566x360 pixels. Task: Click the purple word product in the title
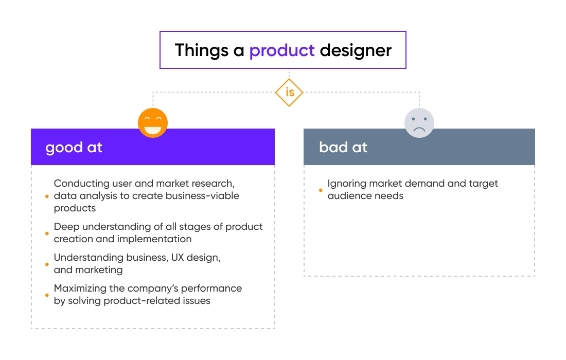pyautogui.click(x=282, y=50)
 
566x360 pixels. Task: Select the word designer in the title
pyautogui.click(x=356, y=50)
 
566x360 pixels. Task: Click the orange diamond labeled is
pyautogui.click(x=289, y=93)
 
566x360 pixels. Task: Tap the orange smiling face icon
pyautogui.click(x=153, y=123)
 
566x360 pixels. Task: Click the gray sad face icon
pyautogui.click(x=419, y=123)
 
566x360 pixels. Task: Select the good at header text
pyautogui.click(x=74, y=148)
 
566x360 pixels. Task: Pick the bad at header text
pyautogui.click(x=343, y=148)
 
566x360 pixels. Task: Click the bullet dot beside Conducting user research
pyautogui.click(x=47, y=196)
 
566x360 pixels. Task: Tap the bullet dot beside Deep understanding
pyautogui.click(x=47, y=233)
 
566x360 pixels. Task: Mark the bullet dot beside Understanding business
pyautogui.click(x=47, y=264)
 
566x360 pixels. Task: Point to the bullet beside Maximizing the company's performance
pyautogui.click(x=47, y=295)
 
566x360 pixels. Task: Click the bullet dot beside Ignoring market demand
pyautogui.click(x=321, y=190)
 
